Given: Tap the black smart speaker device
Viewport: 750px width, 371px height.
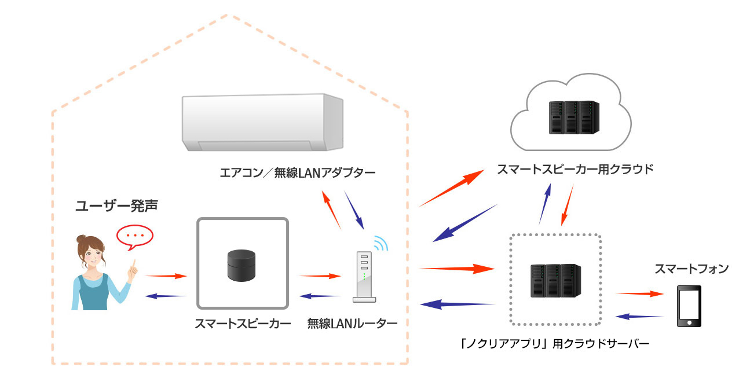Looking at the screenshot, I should tap(241, 265).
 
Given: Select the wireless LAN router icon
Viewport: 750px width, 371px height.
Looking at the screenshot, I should tap(363, 277).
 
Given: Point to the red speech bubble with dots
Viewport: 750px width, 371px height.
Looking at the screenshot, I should tap(134, 236).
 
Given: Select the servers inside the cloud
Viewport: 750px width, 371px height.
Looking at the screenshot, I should tap(572, 117).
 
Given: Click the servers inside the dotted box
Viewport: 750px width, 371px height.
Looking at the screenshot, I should tap(556, 281).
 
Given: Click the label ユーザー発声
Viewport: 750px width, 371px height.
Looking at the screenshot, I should tap(117, 205).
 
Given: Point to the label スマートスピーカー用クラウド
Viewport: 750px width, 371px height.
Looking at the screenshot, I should tap(575, 170).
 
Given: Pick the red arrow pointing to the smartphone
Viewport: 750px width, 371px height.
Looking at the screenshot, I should tap(638, 294).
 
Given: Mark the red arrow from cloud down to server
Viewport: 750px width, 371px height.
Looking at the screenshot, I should tap(568, 205).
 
